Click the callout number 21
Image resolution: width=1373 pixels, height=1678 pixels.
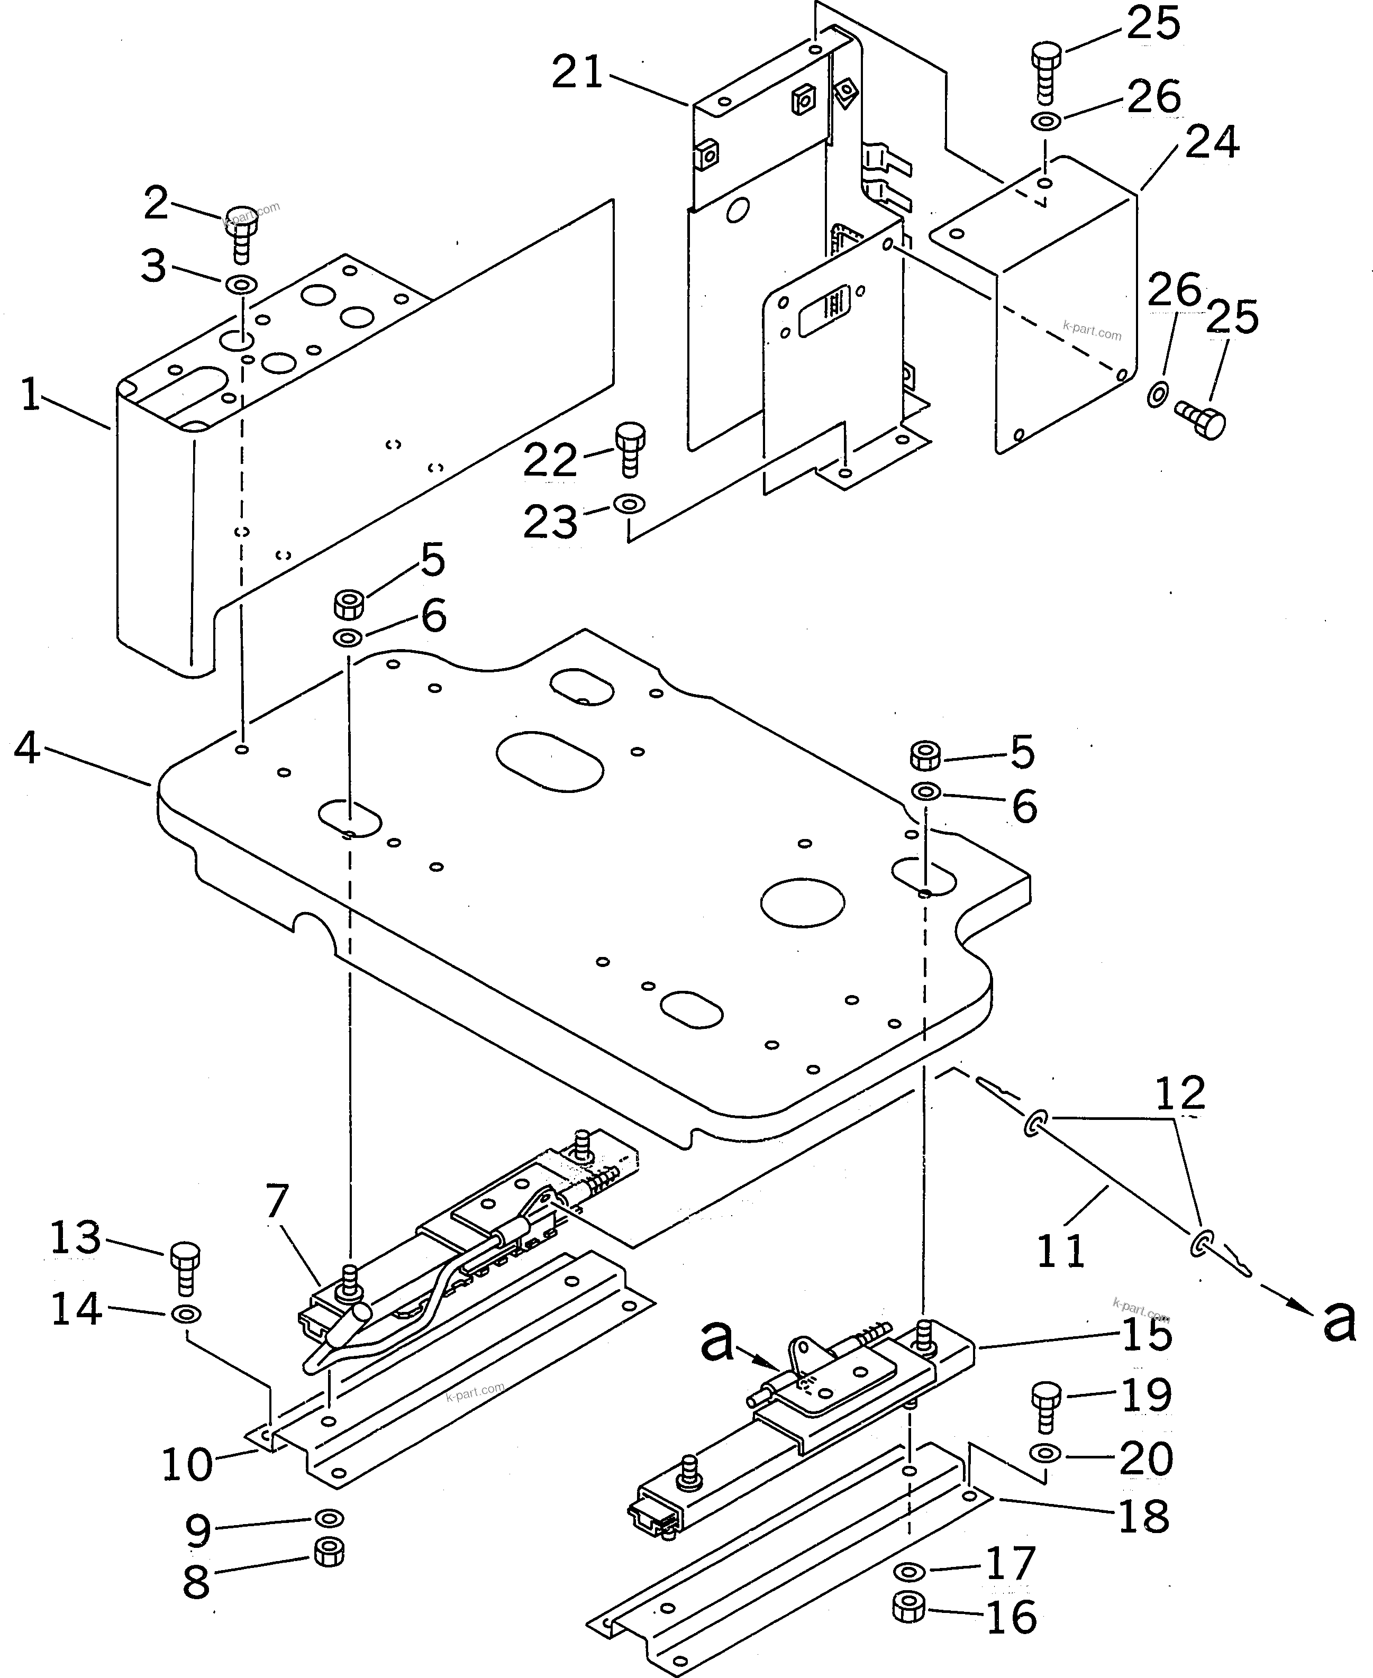tap(577, 74)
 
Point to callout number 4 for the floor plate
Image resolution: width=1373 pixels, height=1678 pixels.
tap(27, 747)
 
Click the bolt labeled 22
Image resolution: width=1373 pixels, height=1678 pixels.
tap(630, 449)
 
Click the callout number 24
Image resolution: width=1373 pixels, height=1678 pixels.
tap(1212, 143)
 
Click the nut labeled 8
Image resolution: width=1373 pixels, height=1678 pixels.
tap(328, 1552)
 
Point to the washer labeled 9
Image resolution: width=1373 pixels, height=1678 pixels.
tap(328, 1518)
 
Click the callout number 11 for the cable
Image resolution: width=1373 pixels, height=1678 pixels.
tap(1061, 1251)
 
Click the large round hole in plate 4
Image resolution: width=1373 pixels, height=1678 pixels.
tap(802, 901)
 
